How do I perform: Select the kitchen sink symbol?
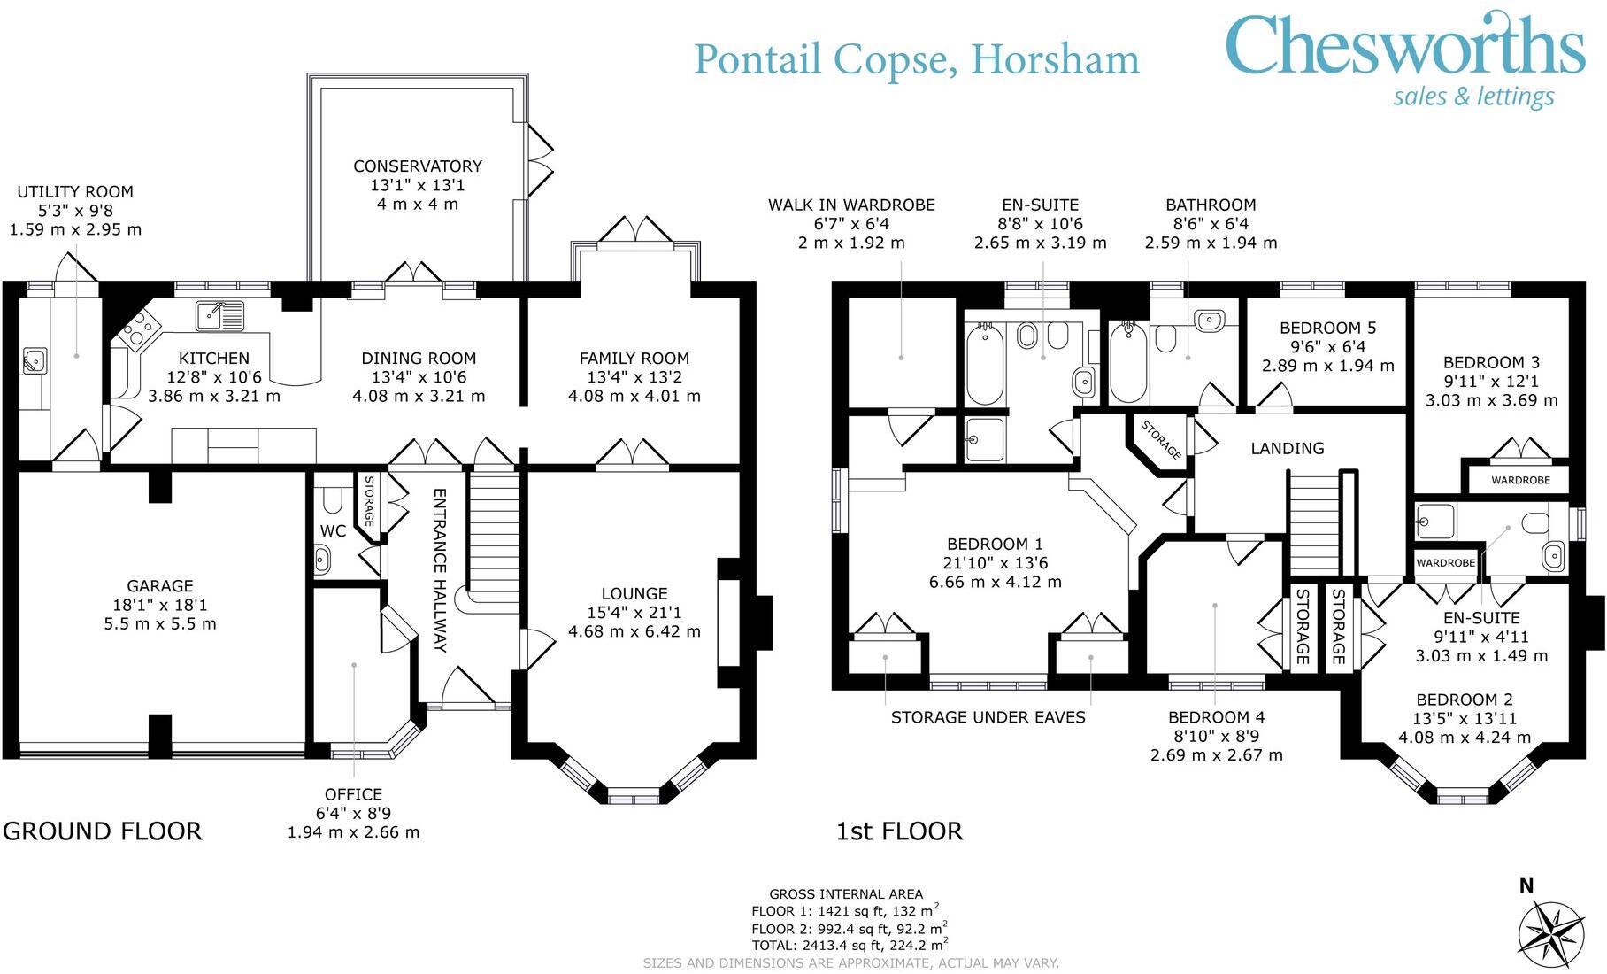(x=219, y=314)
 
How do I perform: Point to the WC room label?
(x=333, y=531)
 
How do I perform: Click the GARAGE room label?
(x=160, y=586)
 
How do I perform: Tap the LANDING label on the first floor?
(x=1288, y=448)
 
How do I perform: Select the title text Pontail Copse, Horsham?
(x=917, y=59)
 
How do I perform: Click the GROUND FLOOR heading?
(x=103, y=831)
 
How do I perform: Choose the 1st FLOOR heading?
(x=899, y=831)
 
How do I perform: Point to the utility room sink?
(x=35, y=360)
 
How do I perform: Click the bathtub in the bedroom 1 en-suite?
(x=984, y=365)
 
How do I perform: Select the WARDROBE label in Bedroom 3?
(x=1520, y=480)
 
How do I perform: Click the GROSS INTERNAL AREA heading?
(x=846, y=894)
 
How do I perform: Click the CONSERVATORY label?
(x=418, y=166)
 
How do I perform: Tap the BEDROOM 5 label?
(x=1328, y=328)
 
